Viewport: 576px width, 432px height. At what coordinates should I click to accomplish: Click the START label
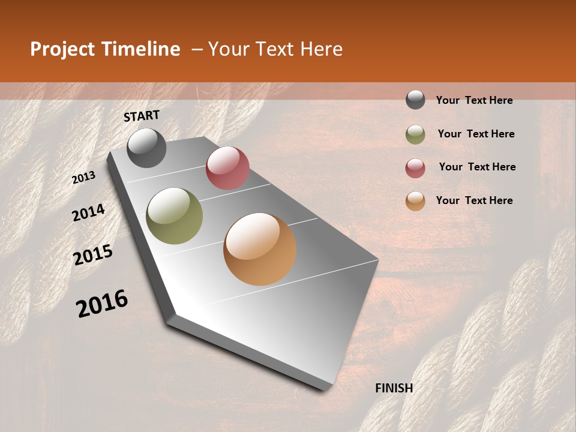[x=142, y=116]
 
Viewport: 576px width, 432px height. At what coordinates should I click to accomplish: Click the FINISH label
[x=394, y=388]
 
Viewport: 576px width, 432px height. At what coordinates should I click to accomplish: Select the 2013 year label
[x=84, y=178]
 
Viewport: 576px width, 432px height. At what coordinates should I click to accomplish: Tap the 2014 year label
[x=88, y=212]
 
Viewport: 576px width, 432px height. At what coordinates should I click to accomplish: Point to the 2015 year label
[x=93, y=255]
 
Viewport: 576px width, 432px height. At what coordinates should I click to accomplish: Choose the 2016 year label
[x=102, y=304]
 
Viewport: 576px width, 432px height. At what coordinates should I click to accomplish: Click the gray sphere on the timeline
[x=147, y=148]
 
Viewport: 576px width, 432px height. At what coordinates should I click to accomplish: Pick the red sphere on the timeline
[x=227, y=168]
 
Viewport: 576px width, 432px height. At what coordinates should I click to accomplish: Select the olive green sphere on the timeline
[x=175, y=216]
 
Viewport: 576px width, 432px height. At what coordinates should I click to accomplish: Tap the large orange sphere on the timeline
[x=260, y=249]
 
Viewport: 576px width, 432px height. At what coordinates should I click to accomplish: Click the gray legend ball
[x=415, y=100]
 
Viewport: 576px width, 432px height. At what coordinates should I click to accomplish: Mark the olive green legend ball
[x=415, y=134]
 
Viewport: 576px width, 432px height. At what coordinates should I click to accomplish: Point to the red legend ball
[x=415, y=168]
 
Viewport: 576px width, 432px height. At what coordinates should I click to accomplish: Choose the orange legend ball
[x=415, y=201]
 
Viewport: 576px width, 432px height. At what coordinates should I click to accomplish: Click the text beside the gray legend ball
[x=474, y=100]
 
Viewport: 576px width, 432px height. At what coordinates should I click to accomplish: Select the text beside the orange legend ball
[x=474, y=200]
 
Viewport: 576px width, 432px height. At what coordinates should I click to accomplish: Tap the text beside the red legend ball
[x=477, y=167]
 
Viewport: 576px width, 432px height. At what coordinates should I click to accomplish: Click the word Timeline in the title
[x=142, y=49]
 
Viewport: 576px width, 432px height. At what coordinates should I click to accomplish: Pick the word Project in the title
[x=62, y=49]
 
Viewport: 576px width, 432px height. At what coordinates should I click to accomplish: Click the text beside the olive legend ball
[x=476, y=134]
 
